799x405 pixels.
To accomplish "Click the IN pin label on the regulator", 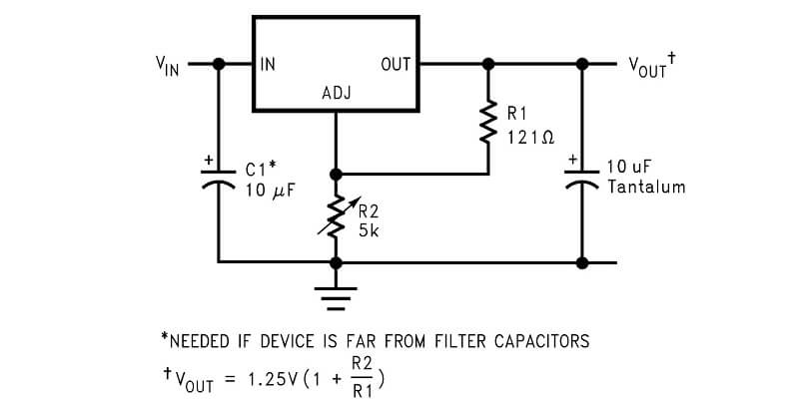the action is point(268,64).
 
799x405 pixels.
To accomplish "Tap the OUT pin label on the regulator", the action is point(396,64).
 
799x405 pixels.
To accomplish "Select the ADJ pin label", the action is point(337,93).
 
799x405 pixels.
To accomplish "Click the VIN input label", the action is point(168,66).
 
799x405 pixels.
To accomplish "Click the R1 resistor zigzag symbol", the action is point(488,122).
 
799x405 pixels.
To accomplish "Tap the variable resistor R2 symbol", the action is point(336,216).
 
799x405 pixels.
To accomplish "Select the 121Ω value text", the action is point(530,138).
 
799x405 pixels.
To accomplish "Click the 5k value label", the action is point(369,231).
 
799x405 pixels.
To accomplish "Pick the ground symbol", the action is point(336,298).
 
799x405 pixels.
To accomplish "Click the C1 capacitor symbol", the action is point(219,180).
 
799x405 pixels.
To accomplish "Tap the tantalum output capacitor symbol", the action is point(582,180).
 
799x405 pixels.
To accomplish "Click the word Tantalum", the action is point(646,187).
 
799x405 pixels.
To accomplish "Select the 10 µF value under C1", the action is point(271,191).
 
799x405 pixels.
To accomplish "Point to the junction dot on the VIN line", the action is point(219,64).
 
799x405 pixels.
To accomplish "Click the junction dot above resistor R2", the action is point(336,175).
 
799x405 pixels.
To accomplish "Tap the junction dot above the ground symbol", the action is point(336,263).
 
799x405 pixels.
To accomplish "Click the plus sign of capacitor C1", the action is point(209,161).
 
